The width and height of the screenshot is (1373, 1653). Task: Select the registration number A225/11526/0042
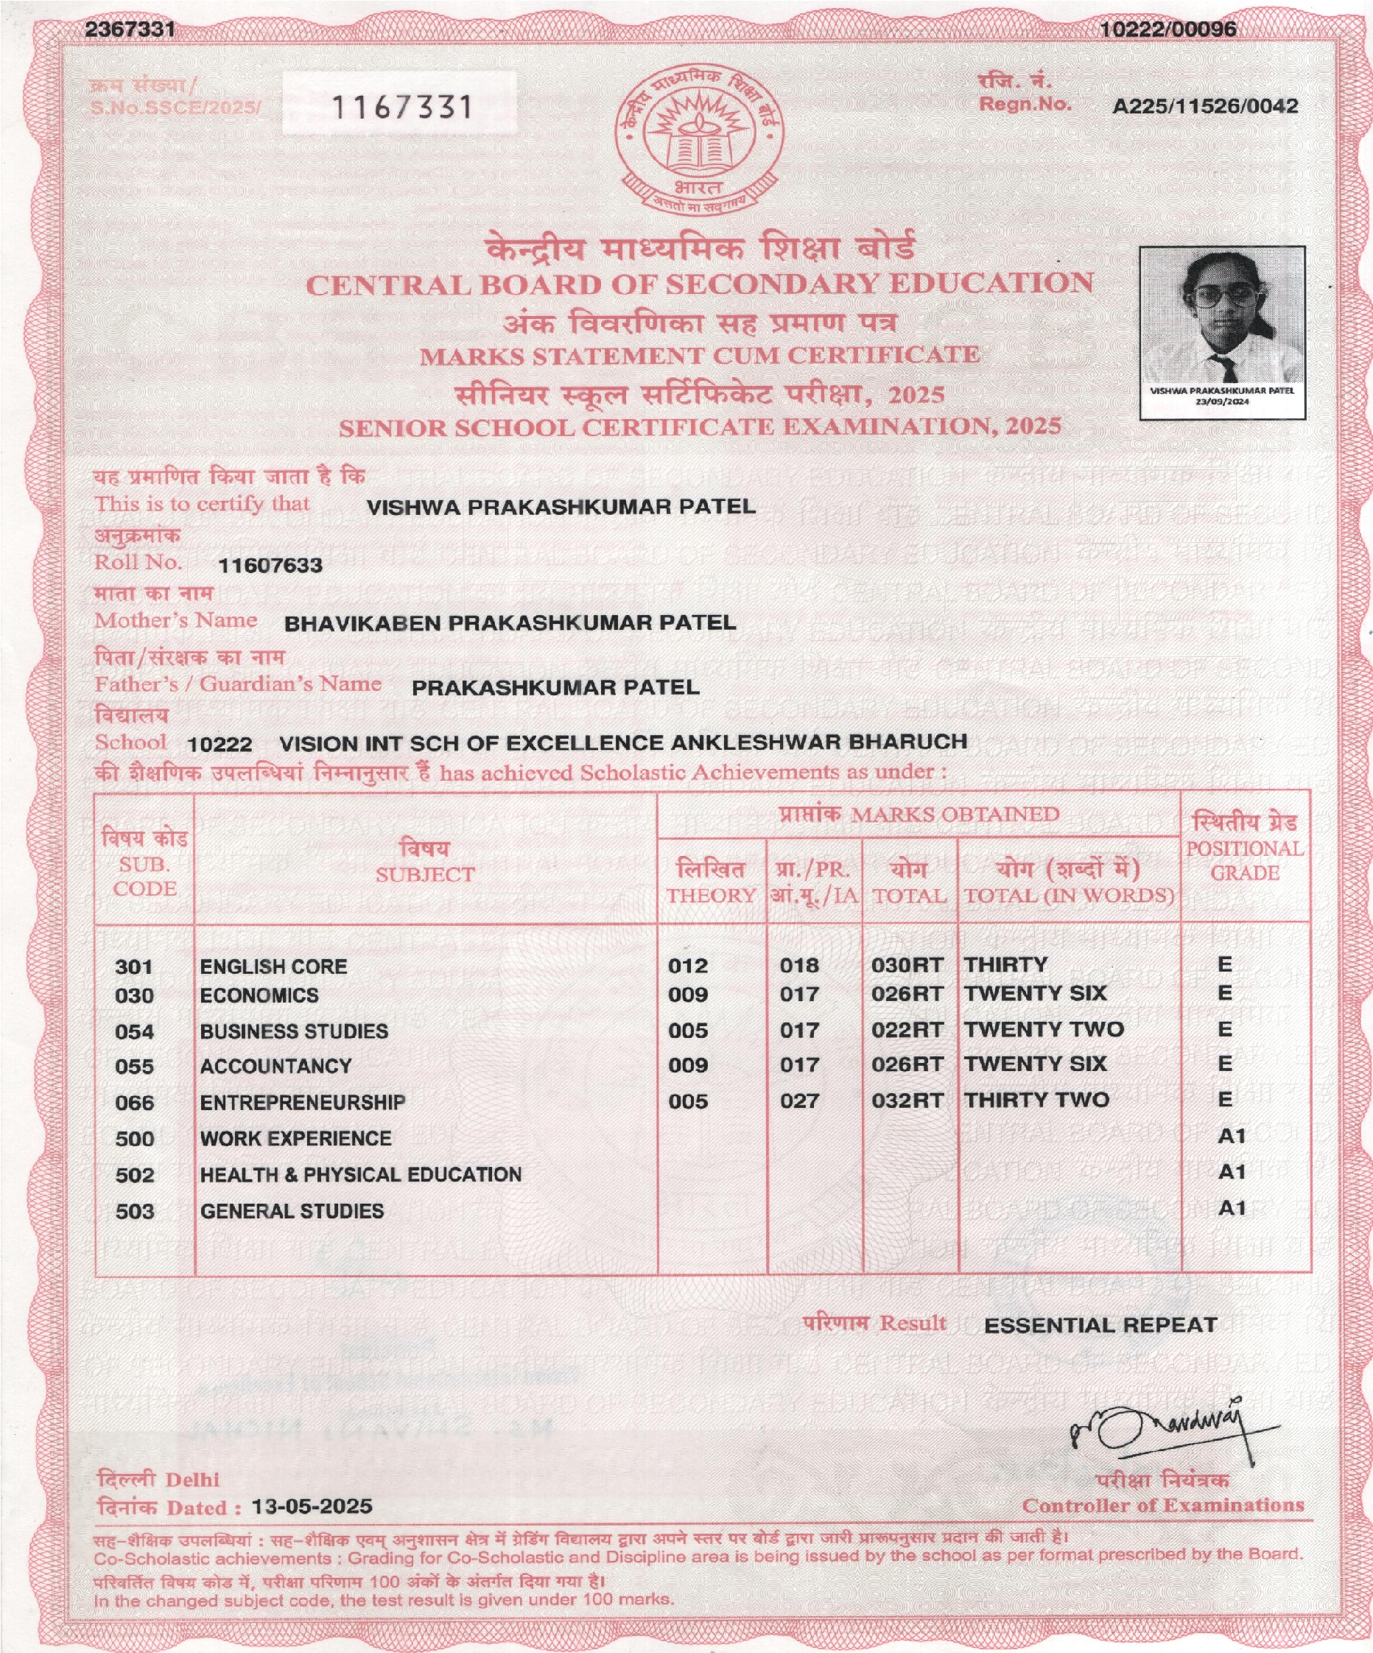click(x=1204, y=106)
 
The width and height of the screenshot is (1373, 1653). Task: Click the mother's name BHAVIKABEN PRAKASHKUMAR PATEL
click(x=510, y=623)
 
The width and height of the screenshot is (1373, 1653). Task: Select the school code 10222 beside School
click(x=220, y=745)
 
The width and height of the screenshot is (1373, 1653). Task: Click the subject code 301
click(x=134, y=966)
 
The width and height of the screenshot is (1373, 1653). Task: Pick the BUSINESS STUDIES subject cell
click(x=294, y=1031)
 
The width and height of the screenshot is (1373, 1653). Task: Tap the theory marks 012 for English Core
click(x=688, y=966)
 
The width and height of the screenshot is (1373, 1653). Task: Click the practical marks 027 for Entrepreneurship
click(x=799, y=1101)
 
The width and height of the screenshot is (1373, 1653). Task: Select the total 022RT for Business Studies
click(x=907, y=1031)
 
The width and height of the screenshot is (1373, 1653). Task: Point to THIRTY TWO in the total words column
click(x=1036, y=1101)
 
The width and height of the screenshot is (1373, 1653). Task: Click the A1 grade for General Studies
click(x=1232, y=1208)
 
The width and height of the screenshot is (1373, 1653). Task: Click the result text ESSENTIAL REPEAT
click(x=1100, y=1325)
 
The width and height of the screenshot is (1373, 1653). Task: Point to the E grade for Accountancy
click(x=1224, y=1064)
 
